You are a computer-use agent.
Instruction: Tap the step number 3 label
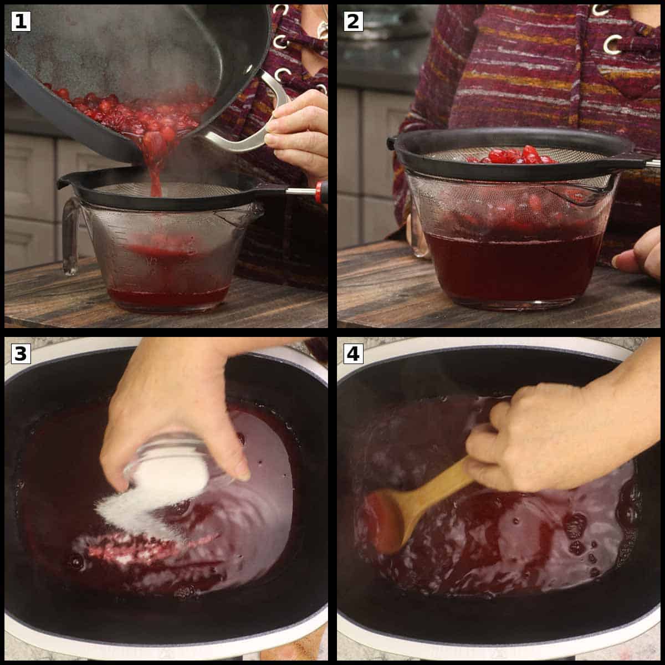(x=21, y=353)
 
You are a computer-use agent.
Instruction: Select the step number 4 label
(x=353, y=353)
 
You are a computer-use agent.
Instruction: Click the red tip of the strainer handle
(x=319, y=192)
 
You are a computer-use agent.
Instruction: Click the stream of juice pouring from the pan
(x=155, y=172)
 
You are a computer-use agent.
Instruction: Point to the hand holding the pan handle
(x=299, y=133)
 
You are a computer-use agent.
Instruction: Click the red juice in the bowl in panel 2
(x=510, y=266)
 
